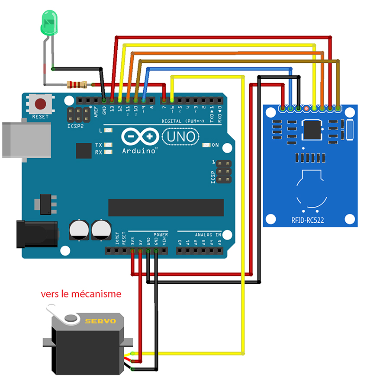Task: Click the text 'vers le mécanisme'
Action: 81,294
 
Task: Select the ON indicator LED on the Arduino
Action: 206,145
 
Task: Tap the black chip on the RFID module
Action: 312,128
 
